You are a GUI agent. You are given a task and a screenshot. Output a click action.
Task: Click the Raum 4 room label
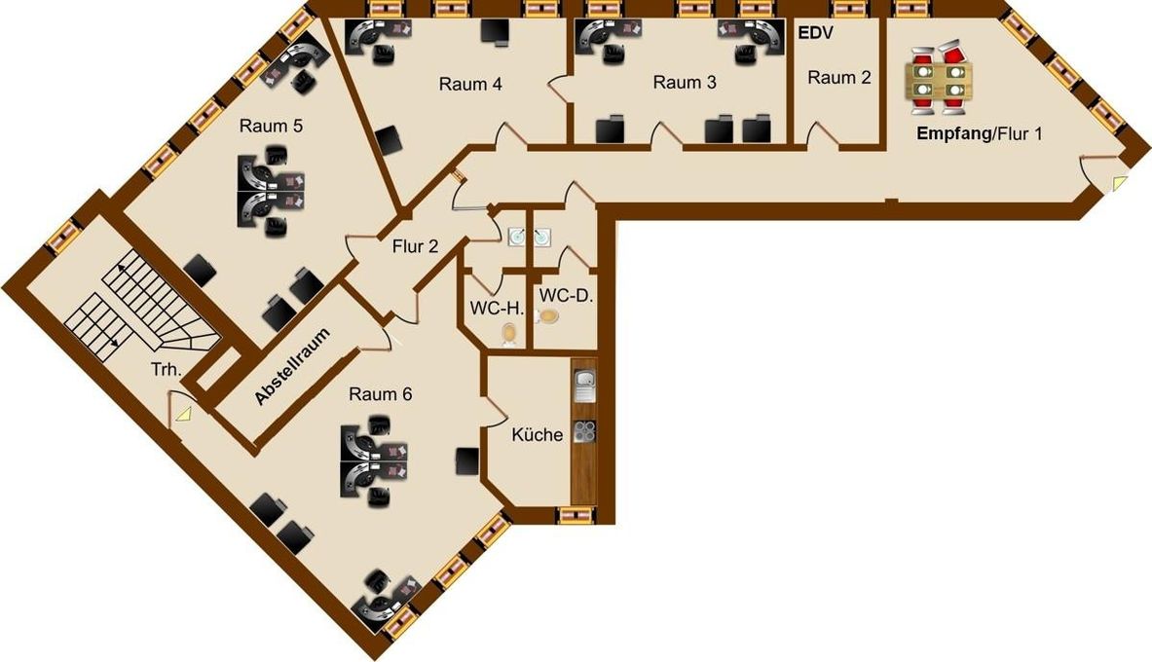coord(470,84)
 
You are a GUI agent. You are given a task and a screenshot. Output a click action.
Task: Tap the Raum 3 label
coord(684,83)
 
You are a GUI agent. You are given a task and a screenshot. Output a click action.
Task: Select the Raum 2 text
coord(839,77)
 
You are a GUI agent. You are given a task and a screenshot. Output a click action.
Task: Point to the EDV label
coord(815,33)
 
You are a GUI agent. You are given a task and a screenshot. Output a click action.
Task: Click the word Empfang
coord(953,133)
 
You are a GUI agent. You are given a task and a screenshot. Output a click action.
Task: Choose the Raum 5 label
coord(271,126)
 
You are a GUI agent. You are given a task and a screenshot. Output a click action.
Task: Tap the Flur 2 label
coord(415,246)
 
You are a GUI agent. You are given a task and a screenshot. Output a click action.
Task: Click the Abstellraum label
coord(292,366)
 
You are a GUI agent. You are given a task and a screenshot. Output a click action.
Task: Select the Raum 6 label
coord(380,394)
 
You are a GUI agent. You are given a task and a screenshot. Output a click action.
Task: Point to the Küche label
coord(538,434)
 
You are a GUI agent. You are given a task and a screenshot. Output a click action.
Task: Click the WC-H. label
coord(497,309)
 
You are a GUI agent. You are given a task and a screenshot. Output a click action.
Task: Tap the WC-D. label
coord(566,296)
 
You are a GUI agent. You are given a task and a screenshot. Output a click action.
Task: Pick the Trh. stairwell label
coord(167,370)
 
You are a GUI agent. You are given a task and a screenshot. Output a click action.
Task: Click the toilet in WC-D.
coord(547,316)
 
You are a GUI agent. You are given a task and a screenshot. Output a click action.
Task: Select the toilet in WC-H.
coord(509,334)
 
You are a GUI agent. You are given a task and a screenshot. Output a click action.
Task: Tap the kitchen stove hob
coord(584,432)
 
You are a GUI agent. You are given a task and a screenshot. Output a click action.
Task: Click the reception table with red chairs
coord(940,81)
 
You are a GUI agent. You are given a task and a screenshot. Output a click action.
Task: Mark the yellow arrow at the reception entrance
coord(1119,183)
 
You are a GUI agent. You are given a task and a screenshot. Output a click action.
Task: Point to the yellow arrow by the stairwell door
coord(181,415)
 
